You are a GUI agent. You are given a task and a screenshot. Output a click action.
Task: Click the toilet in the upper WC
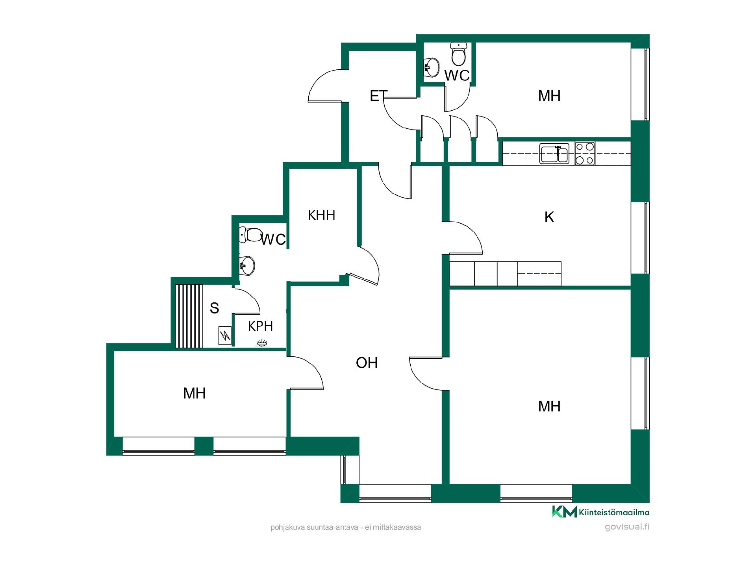pos(458,54)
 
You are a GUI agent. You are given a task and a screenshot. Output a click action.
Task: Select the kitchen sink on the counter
pos(554,154)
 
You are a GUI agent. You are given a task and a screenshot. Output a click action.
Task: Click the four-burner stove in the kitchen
pos(584,153)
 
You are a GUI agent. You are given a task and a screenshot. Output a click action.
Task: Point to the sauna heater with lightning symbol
pos(225,336)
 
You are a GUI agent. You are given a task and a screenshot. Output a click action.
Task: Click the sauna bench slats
pos(189,316)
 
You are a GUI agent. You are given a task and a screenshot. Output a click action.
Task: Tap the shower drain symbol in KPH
pos(262,343)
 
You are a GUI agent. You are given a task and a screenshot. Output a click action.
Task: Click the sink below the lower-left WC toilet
pos(246,266)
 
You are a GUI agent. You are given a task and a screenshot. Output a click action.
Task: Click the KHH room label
pos(321,215)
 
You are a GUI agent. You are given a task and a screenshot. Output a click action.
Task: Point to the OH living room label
pos(367,363)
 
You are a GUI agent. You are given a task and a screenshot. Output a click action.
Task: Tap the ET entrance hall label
pos(378,96)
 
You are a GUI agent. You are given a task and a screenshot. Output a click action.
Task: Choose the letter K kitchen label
pos(549,217)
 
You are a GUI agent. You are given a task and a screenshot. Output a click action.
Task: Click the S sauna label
pos(214,308)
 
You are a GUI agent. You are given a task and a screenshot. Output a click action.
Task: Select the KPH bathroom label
pos(260,326)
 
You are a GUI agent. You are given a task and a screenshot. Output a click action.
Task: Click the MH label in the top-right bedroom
pos(549,96)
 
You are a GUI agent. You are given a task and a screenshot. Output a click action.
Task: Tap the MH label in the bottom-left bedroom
pos(195,393)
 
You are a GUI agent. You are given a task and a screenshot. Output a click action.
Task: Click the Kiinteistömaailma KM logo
pos(600,511)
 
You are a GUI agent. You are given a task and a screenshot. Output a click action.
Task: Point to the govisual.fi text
pos(627,527)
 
